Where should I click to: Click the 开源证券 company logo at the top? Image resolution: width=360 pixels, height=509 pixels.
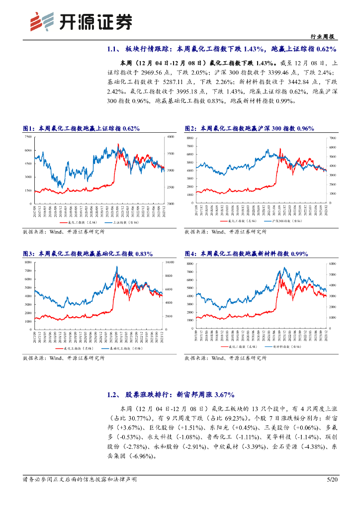82,21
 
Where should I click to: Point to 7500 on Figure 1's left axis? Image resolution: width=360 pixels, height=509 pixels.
28,137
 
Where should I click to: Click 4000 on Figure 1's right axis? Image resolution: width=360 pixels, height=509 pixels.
171,137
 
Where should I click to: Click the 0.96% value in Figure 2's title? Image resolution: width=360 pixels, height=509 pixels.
304,128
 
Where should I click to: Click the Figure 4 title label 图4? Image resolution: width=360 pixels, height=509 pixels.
189,254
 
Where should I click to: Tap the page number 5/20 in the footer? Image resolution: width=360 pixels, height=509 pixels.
332,479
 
